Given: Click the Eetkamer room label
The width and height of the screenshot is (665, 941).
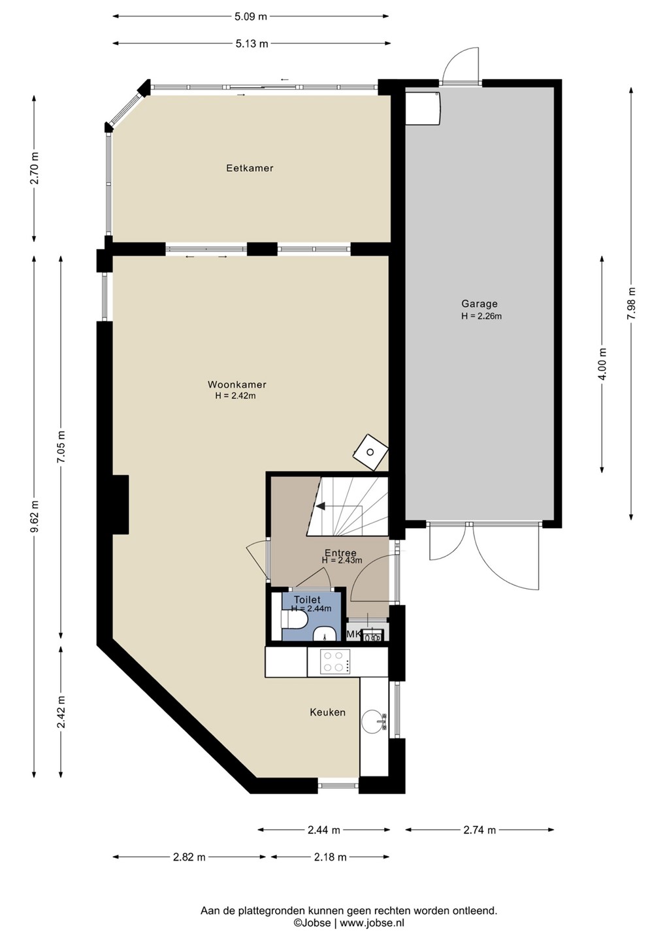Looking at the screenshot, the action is click(x=250, y=168).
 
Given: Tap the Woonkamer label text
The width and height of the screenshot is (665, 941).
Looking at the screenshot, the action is click(x=236, y=384).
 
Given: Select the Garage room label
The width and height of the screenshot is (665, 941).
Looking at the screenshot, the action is click(x=479, y=303).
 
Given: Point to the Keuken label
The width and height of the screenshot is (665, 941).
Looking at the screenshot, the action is click(x=327, y=712).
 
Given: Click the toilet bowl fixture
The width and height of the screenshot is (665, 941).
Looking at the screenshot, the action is click(x=295, y=621).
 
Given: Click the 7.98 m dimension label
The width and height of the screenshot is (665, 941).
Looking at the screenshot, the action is click(x=632, y=303).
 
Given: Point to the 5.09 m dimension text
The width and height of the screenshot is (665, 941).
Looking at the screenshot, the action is click(x=251, y=16).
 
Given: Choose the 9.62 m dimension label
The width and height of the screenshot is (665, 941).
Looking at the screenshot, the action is click(x=35, y=516).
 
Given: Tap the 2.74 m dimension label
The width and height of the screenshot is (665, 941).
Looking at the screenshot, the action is click(x=479, y=830).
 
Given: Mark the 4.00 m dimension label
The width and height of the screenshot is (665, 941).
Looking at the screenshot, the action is click(x=602, y=364).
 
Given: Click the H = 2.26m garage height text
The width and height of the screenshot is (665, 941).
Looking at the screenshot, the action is click(x=481, y=316).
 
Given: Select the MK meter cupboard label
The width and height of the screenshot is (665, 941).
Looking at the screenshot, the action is click(x=353, y=635).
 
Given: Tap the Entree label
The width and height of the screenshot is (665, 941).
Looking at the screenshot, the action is click(x=340, y=553).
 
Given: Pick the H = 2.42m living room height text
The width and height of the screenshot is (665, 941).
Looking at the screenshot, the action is click(x=235, y=395).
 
